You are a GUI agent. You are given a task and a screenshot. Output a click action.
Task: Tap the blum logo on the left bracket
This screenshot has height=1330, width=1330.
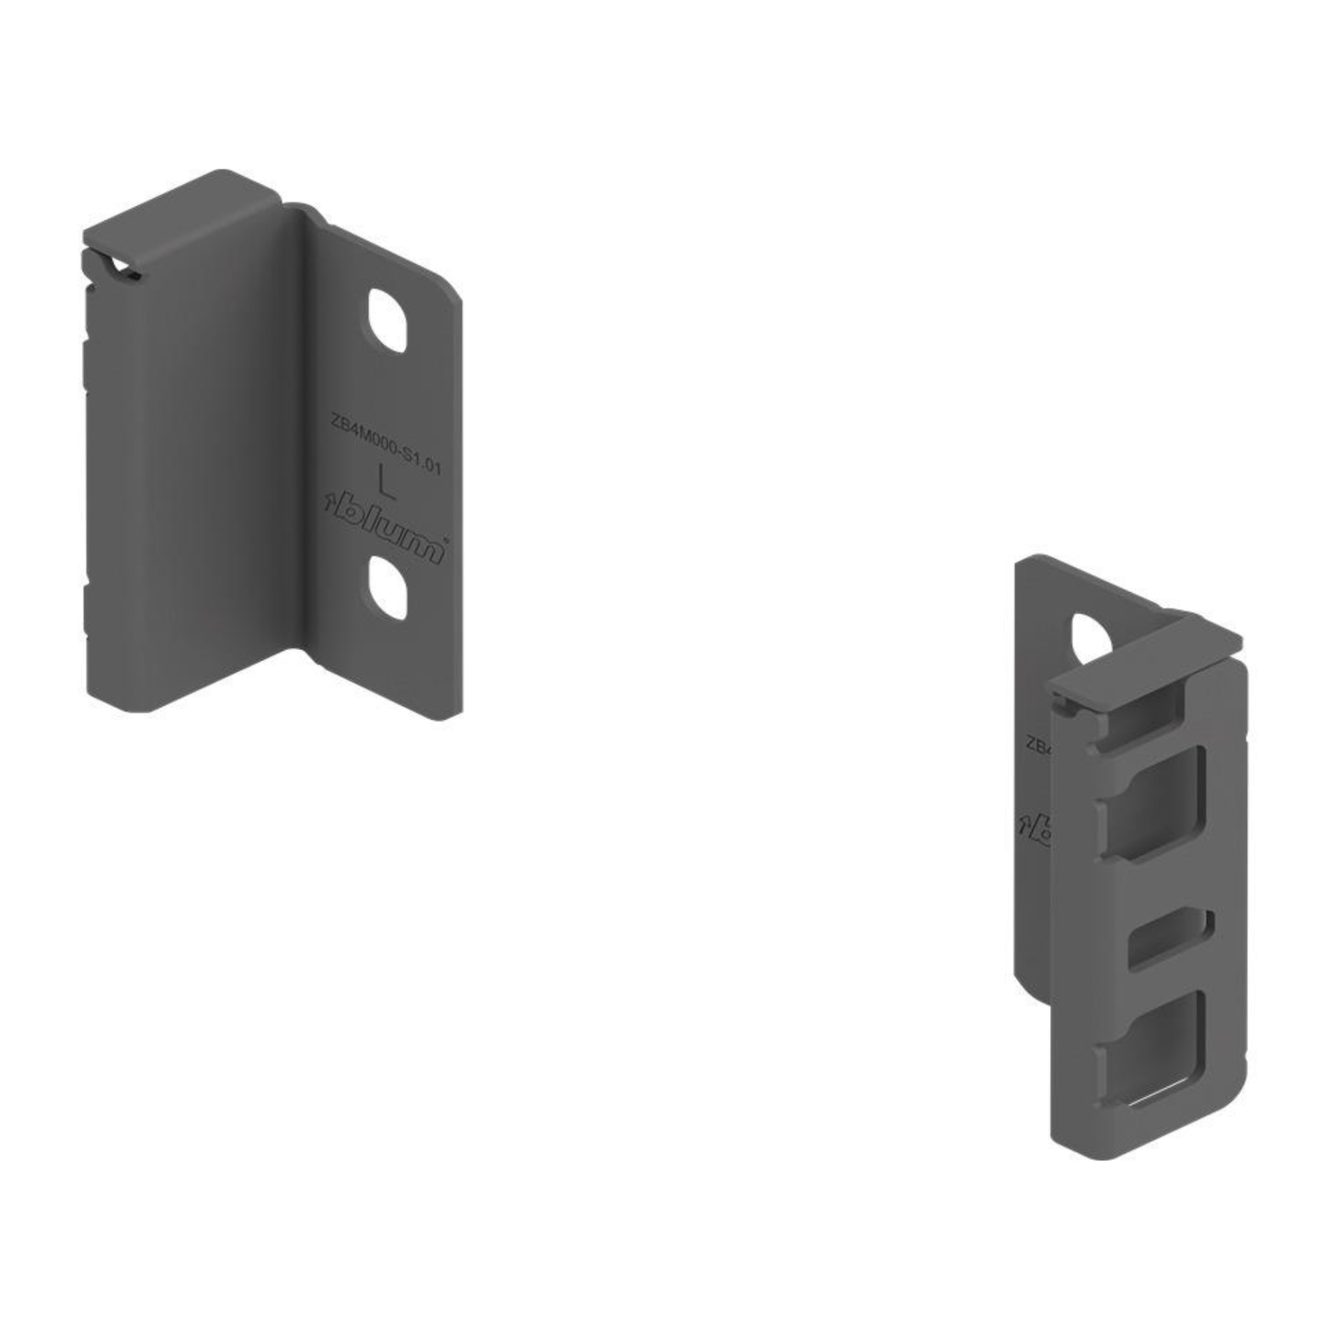click(x=387, y=526)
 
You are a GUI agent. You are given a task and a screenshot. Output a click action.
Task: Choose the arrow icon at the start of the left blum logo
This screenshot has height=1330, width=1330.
click(x=331, y=503)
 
